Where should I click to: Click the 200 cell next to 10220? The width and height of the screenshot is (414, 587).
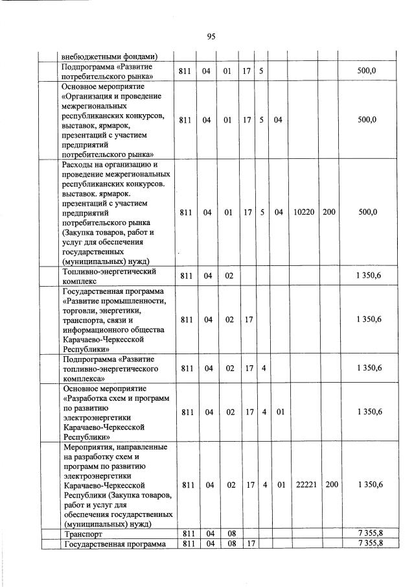[328, 212]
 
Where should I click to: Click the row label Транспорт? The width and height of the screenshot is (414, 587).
[84, 534]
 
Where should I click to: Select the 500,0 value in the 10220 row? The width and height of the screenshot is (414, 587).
[367, 212]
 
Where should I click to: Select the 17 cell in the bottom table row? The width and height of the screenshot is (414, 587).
[247, 544]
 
